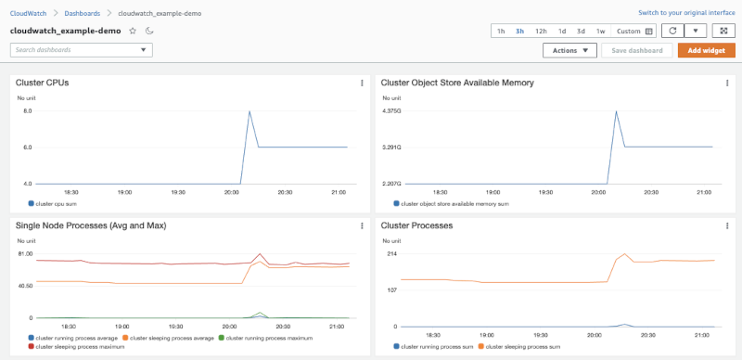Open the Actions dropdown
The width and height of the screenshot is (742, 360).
[569, 50]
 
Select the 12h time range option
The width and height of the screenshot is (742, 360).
[541, 31]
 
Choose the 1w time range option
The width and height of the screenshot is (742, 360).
[601, 31]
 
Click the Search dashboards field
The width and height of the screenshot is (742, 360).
[81, 49]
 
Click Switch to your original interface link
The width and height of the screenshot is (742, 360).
[686, 13]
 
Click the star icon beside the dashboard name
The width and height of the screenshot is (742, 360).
[133, 31]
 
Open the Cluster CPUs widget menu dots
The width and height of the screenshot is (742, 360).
[362, 84]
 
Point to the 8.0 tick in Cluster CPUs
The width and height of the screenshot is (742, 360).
[27, 111]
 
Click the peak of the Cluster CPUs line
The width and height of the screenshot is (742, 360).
[249, 111]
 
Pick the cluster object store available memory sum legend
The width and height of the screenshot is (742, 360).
[454, 202]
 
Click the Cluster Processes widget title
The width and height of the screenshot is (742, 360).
[416, 225]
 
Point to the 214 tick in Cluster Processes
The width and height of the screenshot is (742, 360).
[391, 253]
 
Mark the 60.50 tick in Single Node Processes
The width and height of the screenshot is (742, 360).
[25, 286]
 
